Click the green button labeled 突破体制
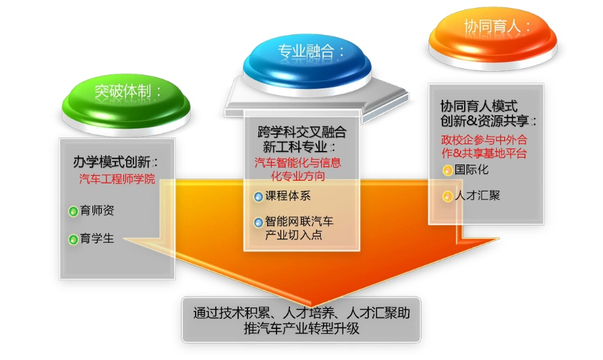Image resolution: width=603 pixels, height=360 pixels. pos(126,102)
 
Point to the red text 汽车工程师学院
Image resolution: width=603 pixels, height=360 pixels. pos(117,179)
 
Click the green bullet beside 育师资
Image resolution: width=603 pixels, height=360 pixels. pos(73,211)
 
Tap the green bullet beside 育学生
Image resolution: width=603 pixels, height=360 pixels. pos(73,240)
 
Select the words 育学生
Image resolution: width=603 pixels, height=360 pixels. pos(97,239)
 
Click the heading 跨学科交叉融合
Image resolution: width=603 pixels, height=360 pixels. pos(302,132)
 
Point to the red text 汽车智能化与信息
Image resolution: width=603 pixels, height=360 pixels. pos(297,162)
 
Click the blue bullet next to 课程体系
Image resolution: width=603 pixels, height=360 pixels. pos(258,197)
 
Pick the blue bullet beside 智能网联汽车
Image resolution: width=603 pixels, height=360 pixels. pos(258,222)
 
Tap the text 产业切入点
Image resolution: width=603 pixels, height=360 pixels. pos(293,235)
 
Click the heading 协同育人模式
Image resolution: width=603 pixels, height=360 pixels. pos(479,106)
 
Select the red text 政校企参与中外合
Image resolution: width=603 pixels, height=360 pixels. pos(484,140)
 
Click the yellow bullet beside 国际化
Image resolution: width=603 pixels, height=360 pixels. pos(448,171)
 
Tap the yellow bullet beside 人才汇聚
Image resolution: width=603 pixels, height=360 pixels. pos(448,197)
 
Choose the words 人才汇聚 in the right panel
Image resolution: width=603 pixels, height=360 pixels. pos(478,196)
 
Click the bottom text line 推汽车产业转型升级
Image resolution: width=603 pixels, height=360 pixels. pos(301,328)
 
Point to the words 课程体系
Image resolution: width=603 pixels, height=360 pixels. pos(288,196)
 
